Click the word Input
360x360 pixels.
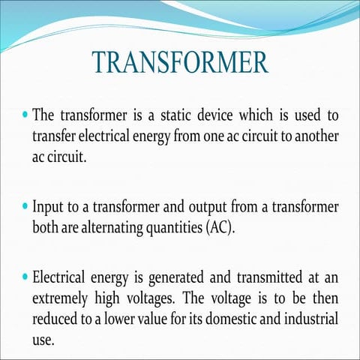point(48,205)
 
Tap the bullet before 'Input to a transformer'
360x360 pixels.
point(26,205)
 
